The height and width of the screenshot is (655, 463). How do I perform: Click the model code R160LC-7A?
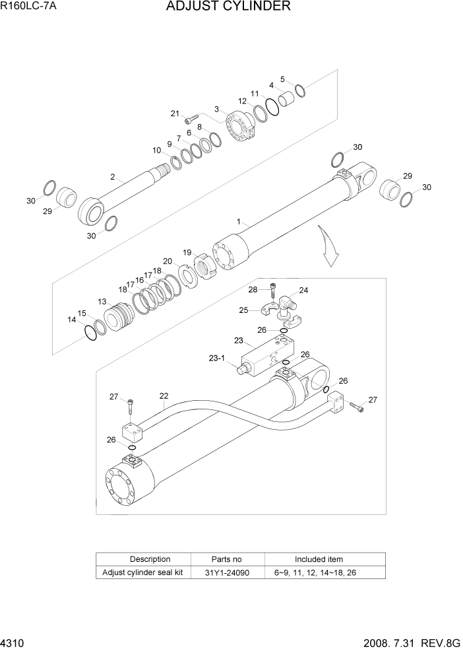click(28, 7)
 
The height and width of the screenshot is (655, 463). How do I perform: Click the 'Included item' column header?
click(319, 559)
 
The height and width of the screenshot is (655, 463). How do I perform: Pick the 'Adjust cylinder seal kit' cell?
click(143, 572)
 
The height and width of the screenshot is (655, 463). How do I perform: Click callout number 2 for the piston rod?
click(113, 177)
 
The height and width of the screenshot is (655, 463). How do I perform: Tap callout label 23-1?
click(218, 359)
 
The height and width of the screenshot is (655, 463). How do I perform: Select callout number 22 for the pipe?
click(164, 396)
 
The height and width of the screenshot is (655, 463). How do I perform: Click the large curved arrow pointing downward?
click(328, 245)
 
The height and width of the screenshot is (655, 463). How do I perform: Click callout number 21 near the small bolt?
click(175, 114)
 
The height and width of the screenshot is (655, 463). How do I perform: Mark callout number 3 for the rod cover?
click(216, 109)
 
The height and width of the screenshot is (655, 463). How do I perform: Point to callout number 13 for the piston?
click(102, 301)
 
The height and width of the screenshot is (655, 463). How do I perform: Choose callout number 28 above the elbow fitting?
click(253, 290)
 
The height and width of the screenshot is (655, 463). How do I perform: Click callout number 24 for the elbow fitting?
click(303, 290)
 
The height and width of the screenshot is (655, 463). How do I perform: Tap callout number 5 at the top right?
click(282, 79)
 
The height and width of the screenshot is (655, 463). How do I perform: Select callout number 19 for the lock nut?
click(187, 252)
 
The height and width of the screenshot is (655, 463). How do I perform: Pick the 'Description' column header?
click(150, 559)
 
